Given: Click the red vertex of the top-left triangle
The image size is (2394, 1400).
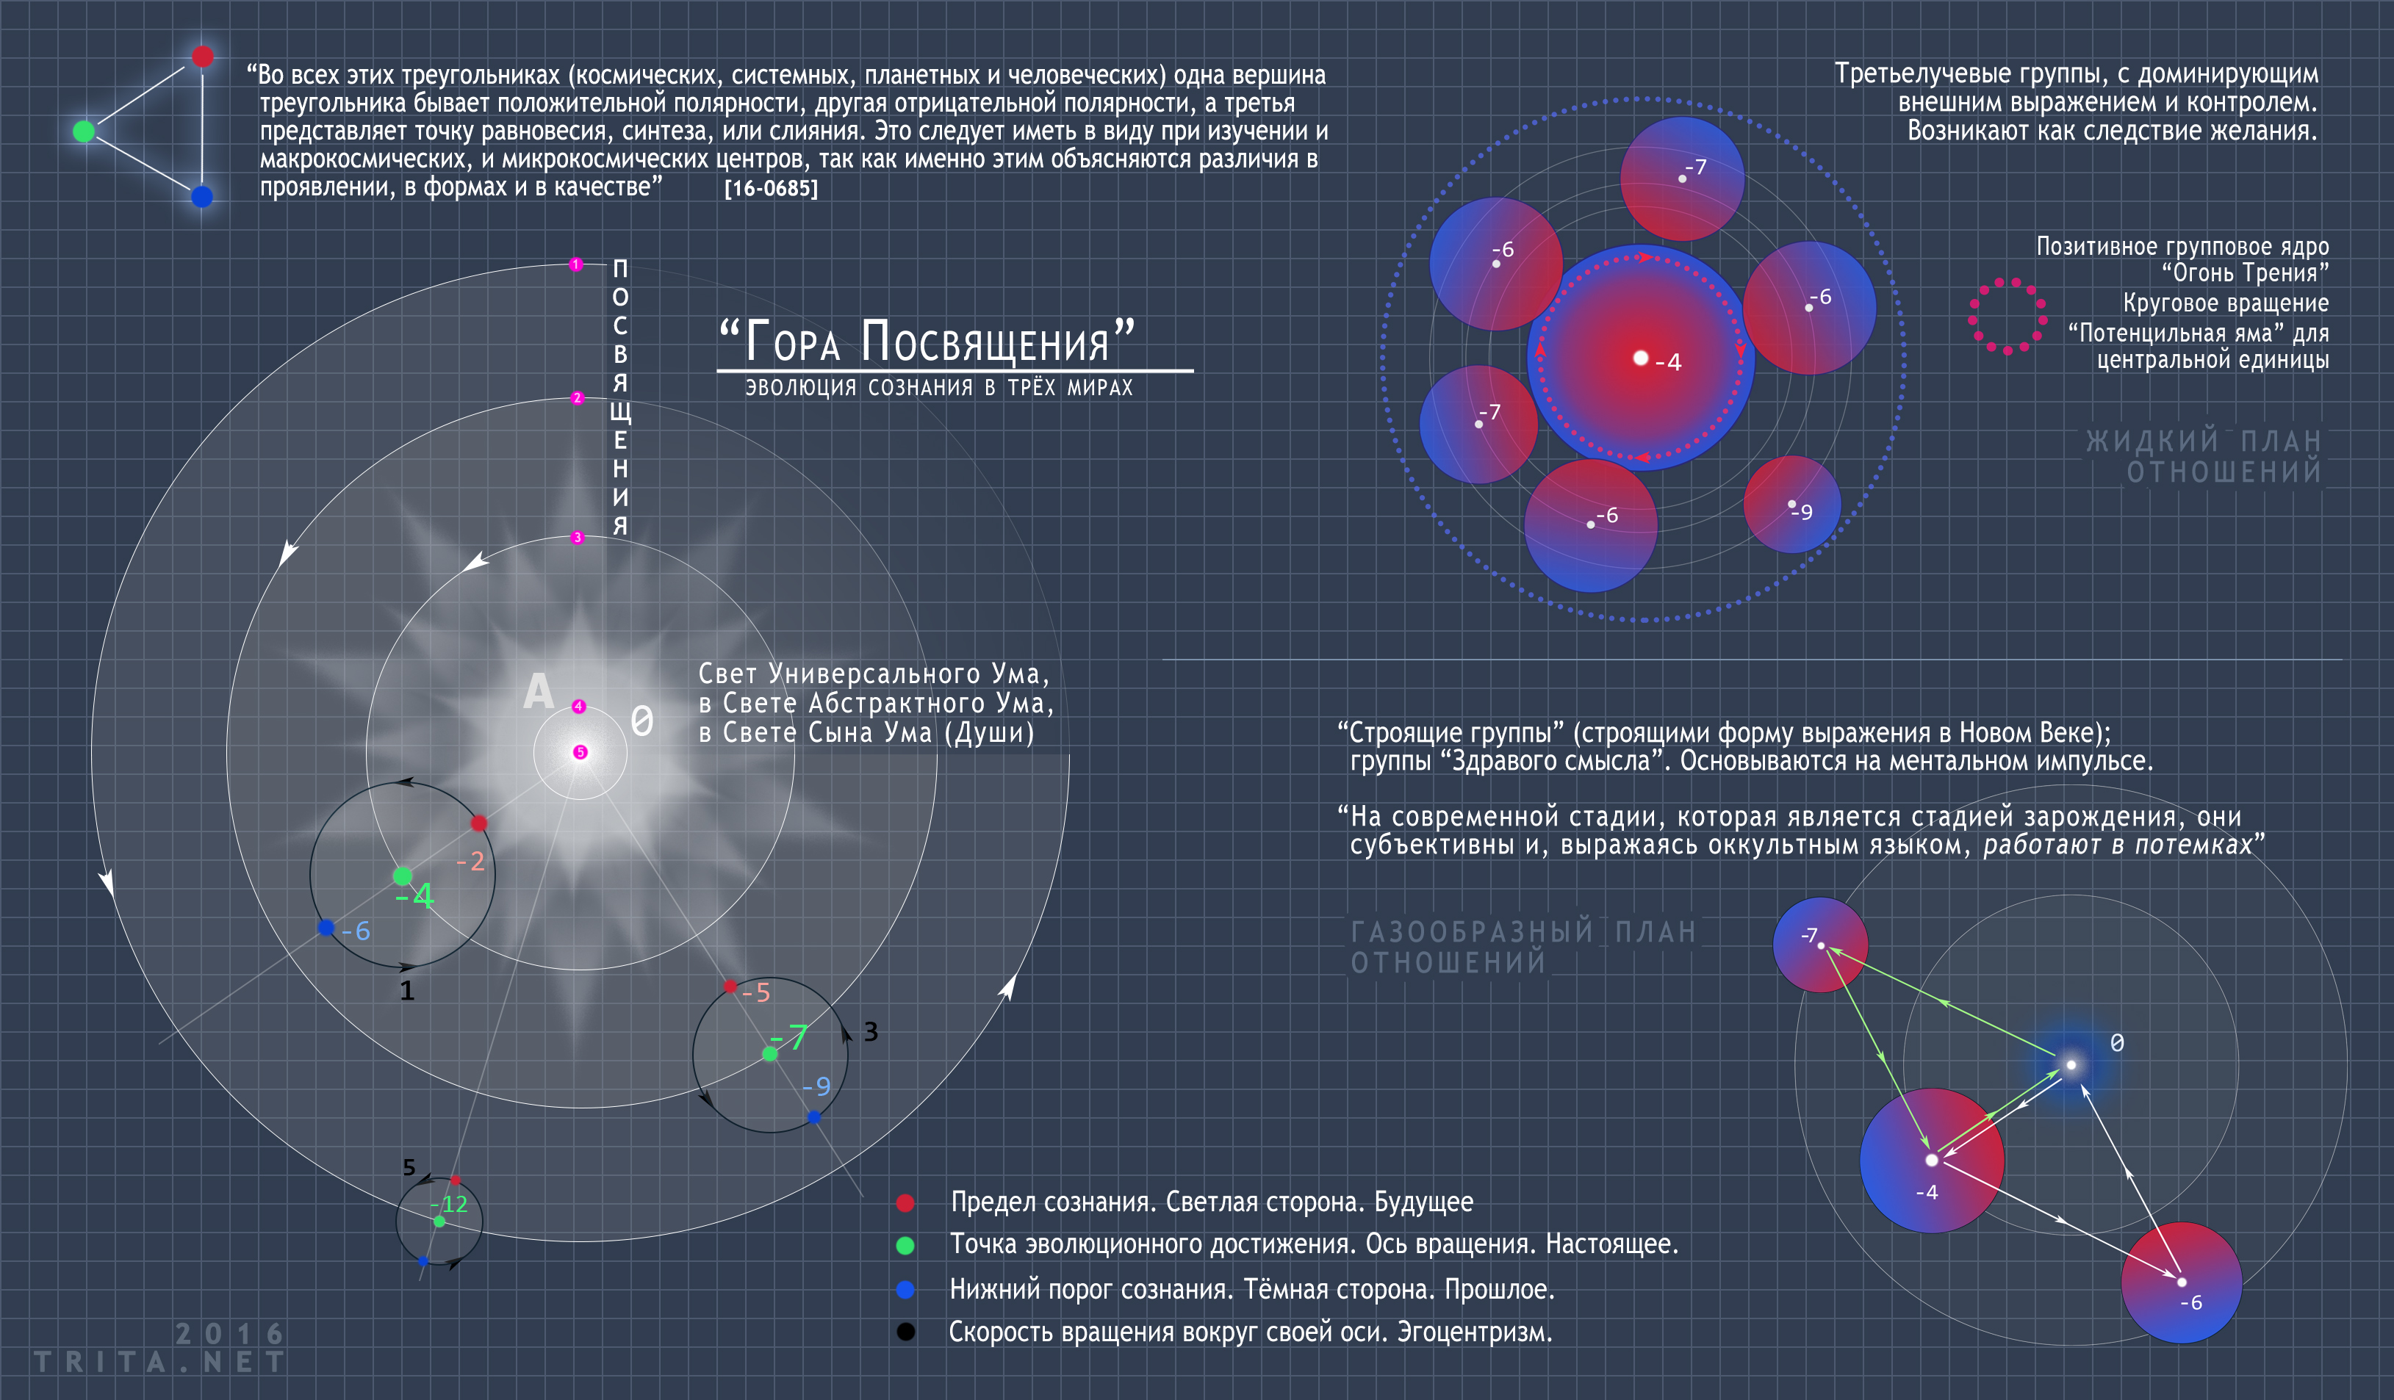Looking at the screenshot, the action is pyautogui.click(x=202, y=56).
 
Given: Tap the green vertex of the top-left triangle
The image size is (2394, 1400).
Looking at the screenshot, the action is pyautogui.click(x=84, y=131).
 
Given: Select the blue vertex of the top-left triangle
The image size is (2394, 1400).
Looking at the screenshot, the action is pyautogui.click(x=201, y=197).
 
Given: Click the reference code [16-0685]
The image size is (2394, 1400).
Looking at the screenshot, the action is pyautogui.click(x=771, y=188).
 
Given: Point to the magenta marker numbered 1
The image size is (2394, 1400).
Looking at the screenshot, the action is pyautogui.click(x=575, y=264).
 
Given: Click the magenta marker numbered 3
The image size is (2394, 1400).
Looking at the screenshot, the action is pyautogui.click(x=577, y=538).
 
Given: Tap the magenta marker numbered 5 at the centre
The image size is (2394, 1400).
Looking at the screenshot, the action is pyautogui.click(x=580, y=752).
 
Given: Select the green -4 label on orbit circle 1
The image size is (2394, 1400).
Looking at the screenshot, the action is pyautogui.click(x=415, y=895).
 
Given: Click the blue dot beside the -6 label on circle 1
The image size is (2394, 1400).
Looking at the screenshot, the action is pyautogui.click(x=326, y=927).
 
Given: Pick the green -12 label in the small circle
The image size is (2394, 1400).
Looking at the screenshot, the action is pyautogui.click(x=448, y=1205).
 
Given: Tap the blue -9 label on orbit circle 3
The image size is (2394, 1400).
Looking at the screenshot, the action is pyautogui.click(x=816, y=1086).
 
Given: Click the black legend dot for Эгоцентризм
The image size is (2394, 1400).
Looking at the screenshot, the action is pyautogui.click(x=905, y=1332).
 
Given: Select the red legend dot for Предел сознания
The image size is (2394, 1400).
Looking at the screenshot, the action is pyautogui.click(x=905, y=1202).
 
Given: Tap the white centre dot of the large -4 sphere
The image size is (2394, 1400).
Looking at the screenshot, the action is pyautogui.click(x=1641, y=357).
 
